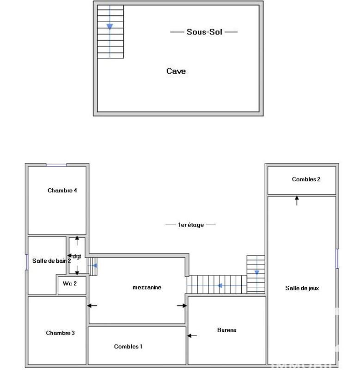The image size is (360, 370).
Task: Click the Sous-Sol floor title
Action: pyautogui.click(x=204, y=32)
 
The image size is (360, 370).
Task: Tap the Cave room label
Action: pyautogui.click(x=176, y=71)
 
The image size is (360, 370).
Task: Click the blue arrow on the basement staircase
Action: pyautogui.click(x=110, y=26)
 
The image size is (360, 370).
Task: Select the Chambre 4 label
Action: pyautogui.click(x=62, y=191)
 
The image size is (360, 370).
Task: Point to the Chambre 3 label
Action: pyautogui.click(x=60, y=333)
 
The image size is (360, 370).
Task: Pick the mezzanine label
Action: pyautogui.click(x=147, y=287)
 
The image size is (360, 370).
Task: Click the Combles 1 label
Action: pyautogui.click(x=128, y=346)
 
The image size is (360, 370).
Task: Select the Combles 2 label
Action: pyautogui.click(x=306, y=179)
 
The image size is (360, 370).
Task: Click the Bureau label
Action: pyautogui.click(x=227, y=330)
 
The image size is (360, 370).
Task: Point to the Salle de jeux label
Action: pyautogui.click(x=302, y=288)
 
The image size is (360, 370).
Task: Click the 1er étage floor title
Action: pyautogui.click(x=190, y=225)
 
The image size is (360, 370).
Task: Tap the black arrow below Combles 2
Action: pyautogui.click(x=297, y=200)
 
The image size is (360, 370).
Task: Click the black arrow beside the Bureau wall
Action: pyautogui.click(x=192, y=336)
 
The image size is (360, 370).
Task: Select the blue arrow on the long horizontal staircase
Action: pyautogui.click(x=220, y=285)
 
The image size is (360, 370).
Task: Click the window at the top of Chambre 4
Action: pyautogui.click(x=56, y=165)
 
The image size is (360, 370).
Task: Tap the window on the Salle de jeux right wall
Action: pyautogui.click(x=337, y=259)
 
